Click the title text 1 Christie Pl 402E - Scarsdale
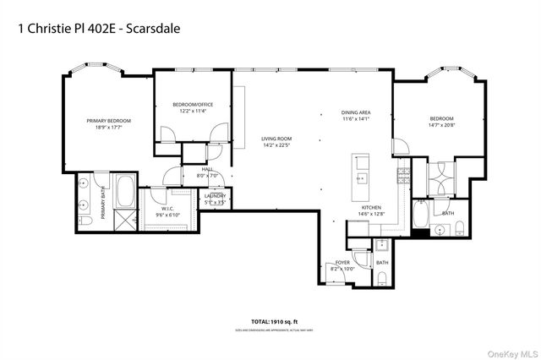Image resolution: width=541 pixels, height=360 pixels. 98,27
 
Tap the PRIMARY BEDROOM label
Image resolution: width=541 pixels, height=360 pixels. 109,121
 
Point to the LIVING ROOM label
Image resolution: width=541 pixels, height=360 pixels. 276,138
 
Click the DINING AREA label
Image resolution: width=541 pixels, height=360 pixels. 356,112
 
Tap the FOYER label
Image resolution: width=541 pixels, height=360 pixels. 343,263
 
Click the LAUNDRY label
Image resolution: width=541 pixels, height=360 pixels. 215,196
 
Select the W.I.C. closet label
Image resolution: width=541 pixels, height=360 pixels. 167,209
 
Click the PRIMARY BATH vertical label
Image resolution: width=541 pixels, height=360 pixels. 103,203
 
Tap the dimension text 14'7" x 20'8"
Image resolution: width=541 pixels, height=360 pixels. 441,125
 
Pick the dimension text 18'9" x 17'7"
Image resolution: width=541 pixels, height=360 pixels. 109,128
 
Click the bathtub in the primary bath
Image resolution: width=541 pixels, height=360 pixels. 124,193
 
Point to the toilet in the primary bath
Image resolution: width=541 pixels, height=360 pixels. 85,221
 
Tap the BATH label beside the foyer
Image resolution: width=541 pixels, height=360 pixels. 382,263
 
